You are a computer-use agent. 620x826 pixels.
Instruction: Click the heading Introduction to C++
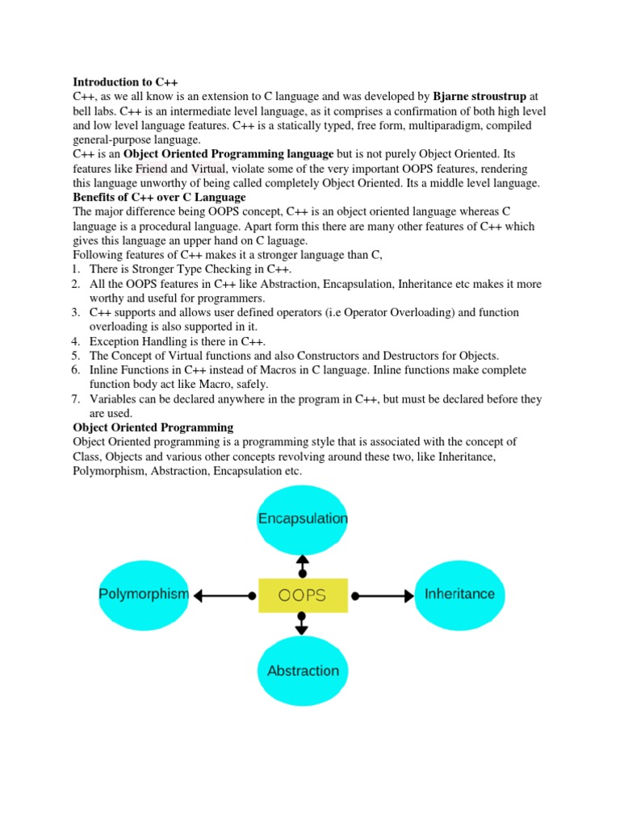(125, 82)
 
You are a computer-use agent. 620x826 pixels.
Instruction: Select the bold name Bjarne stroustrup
(480, 97)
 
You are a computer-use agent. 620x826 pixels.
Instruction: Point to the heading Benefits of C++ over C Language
(159, 198)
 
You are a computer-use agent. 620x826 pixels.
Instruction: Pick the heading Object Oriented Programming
(153, 428)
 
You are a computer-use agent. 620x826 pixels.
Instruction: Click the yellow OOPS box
(303, 595)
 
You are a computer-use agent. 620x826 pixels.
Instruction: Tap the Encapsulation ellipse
(303, 519)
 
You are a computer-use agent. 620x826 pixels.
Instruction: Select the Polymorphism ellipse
(144, 594)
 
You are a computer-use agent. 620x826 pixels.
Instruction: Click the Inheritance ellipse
(459, 594)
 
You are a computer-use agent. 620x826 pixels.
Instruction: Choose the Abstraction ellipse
(303, 670)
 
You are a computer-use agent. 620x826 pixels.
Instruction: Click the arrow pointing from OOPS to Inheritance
(383, 596)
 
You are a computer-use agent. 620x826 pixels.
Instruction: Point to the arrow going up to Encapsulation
(303, 565)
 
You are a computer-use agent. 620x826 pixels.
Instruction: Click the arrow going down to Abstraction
(303, 623)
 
